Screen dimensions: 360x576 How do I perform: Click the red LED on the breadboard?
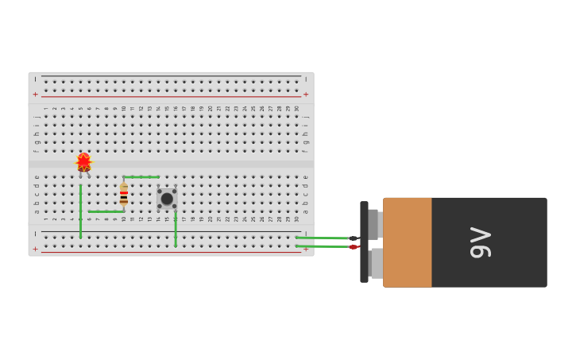tap(83, 162)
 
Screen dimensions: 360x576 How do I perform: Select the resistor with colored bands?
tap(124, 195)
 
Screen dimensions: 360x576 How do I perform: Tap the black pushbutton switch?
tap(167, 199)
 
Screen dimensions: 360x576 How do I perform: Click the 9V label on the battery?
tap(481, 242)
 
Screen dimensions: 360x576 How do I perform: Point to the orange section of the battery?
tap(408, 242)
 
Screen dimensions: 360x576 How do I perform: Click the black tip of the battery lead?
tap(354, 238)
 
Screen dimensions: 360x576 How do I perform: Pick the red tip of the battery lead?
tap(354, 246)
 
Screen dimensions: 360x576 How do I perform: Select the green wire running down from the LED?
tap(80, 211)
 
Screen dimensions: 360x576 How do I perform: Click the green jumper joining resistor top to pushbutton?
tap(141, 176)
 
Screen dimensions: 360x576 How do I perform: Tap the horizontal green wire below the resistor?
tap(106, 211)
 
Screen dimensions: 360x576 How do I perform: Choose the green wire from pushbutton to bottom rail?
tap(176, 229)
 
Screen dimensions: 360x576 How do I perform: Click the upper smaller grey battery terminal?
tap(374, 224)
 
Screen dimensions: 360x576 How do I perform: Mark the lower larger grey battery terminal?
tap(377, 263)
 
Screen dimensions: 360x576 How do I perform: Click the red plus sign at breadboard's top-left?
tap(35, 94)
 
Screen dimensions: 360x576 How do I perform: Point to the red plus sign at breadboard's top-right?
tap(306, 94)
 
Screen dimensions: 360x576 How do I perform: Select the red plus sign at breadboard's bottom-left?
tap(35, 249)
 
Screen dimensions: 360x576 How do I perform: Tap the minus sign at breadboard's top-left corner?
tap(35, 79)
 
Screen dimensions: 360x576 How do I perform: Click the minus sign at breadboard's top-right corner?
tap(306, 79)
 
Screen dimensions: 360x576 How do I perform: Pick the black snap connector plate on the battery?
tap(364, 242)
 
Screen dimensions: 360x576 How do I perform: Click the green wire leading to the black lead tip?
tap(322, 238)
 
